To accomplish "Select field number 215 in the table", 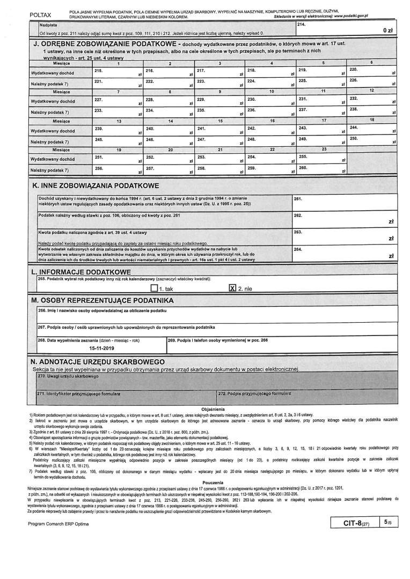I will point(118,72).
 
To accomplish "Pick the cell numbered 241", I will point(219,131).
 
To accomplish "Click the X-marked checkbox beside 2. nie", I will point(232,288).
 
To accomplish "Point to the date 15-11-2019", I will point(102,348).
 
